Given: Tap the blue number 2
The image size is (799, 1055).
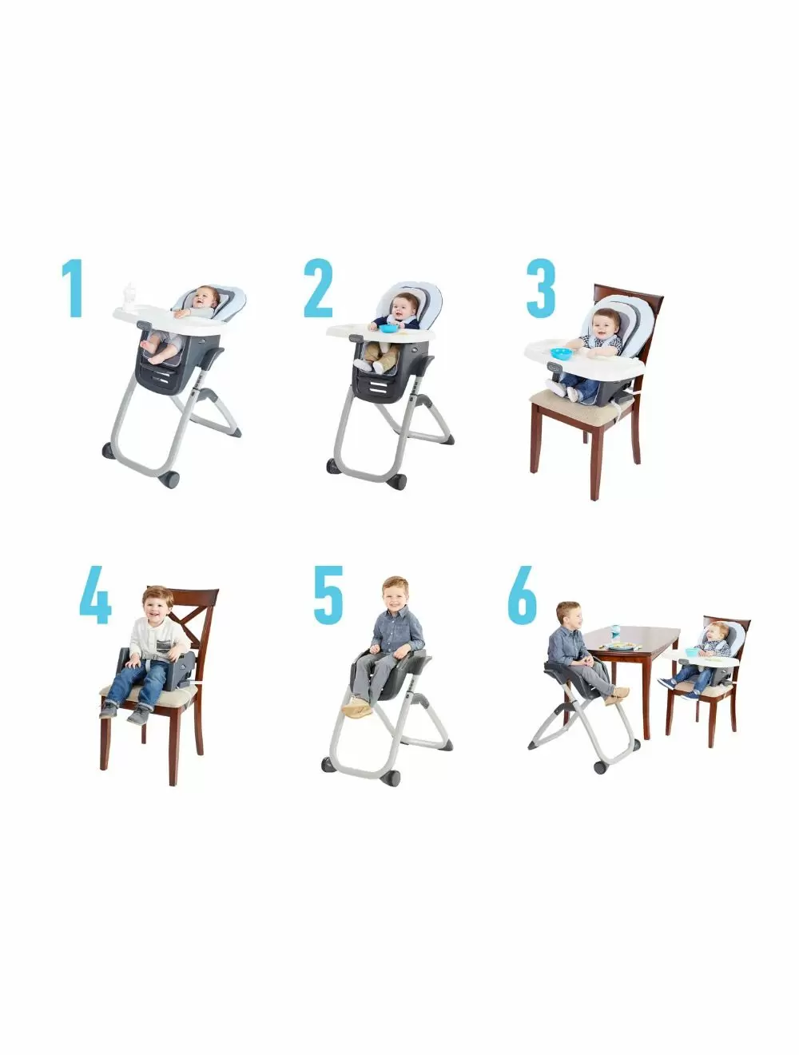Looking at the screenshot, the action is pyautogui.click(x=317, y=288).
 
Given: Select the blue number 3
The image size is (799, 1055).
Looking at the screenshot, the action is pyautogui.click(x=541, y=288).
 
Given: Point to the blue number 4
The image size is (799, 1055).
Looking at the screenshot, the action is pyautogui.click(x=95, y=595).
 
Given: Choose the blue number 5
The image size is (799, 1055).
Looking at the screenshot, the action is pyautogui.click(x=328, y=595).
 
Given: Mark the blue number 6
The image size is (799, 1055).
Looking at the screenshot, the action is pyautogui.click(x=523, y=595).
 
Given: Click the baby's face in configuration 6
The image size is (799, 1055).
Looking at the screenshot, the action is pyautogui.click(x=718, y=631).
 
